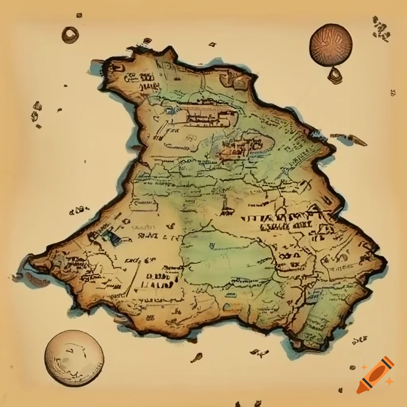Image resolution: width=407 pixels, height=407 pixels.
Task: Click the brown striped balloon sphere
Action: click(331, 44)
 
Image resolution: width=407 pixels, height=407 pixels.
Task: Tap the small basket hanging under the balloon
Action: click(335, 75)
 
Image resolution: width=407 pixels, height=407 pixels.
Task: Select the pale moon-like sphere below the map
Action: click(74, 358)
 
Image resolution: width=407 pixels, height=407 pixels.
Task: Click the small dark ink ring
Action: click(70, 35)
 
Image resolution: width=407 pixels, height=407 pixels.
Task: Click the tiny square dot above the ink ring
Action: click(79, 15)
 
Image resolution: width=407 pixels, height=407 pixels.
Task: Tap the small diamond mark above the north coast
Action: click(213, 44)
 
